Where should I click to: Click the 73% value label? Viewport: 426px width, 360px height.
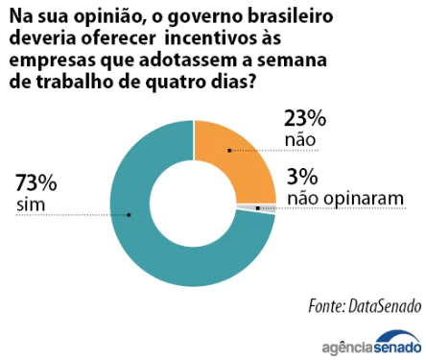[x=36, y=182]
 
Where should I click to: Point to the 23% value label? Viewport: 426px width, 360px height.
[x=306, y=119]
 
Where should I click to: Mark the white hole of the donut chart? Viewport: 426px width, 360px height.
[x=193, y=204]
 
